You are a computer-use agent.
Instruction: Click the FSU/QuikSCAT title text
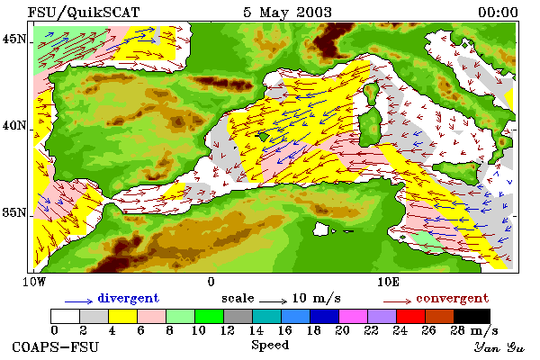coord(84,13)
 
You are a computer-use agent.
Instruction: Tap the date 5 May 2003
coord(288,13)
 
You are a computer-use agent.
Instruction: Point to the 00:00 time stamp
coord(498,13)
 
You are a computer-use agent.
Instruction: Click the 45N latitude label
coord(13,39)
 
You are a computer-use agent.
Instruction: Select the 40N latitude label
coord(13,125)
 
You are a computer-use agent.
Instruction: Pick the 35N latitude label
coord(13,212)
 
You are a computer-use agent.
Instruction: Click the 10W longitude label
coord(34,282)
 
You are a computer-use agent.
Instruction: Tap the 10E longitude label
coord(388,282)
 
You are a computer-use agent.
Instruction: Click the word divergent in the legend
coord(128,298)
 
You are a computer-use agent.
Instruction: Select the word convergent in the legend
coord(452,298)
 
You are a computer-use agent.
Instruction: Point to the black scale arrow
coord(273,301)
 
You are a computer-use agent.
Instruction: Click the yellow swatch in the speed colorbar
coord(123,316)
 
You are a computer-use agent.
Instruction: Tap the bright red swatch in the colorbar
coord(410,316)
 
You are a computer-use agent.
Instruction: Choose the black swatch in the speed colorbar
coord(472,316)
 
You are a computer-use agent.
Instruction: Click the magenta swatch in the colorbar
coord(353,316)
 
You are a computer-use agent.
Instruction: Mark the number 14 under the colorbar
coord(256,330)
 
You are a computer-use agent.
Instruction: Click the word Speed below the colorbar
coord(270,346)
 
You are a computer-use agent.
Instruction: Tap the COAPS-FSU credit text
coord(55,346)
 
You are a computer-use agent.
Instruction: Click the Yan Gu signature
coord(499,347)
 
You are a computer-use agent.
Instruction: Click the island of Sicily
coord(457,171)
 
